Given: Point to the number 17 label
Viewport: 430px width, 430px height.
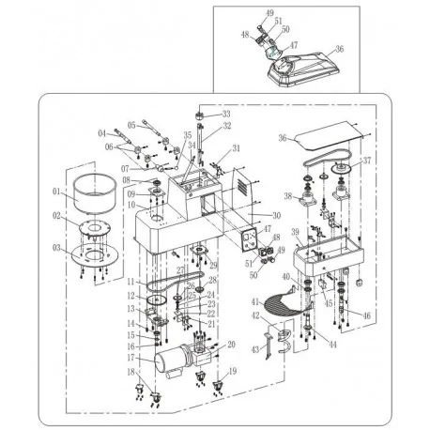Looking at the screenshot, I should [x=131, y=357].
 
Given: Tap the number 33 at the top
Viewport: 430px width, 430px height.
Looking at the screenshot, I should [x=226, y=115].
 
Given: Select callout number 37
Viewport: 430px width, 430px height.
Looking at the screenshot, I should [x=367, y=161].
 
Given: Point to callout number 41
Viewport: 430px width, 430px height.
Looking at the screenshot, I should [x=255, y=300].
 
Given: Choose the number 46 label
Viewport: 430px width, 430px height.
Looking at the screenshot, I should [x=366, y=316].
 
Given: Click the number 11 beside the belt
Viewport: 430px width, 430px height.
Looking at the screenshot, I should [x=131, y=282].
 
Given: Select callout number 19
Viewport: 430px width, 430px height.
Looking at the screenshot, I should [x=232, y=372].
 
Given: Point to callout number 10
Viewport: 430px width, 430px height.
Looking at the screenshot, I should [x=131, y=205].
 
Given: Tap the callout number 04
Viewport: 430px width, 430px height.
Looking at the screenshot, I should [x=101, y=132].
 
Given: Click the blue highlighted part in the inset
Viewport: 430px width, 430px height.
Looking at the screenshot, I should [x=275, y=53].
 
